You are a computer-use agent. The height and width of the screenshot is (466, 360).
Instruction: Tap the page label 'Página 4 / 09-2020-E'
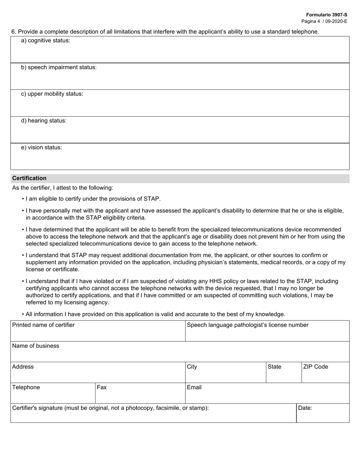point(324,21)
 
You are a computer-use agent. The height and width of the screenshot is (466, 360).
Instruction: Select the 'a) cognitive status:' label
point(45,41)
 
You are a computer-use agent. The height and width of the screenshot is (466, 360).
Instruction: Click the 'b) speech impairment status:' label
point(59,67)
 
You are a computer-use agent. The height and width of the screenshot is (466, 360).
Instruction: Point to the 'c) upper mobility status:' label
point(52,94)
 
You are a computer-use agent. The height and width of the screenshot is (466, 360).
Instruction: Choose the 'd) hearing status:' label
point(44,121)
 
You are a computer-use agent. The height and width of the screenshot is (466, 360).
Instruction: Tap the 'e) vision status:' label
point(41,148)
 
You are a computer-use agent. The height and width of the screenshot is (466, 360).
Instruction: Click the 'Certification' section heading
point(30,178)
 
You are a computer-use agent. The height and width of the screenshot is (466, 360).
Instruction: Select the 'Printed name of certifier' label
point(44,325)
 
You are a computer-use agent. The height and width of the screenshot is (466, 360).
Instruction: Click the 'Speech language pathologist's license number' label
point(248,325)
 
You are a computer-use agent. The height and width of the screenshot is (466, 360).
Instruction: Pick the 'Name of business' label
point(36,346)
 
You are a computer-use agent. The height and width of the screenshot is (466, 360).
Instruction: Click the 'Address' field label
point(23,367)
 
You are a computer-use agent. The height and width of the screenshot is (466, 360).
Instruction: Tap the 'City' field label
point(192,367)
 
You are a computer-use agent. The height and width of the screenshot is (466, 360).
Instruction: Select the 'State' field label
point(274,367)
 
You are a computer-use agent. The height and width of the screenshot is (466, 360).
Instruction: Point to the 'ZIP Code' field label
point(315,367)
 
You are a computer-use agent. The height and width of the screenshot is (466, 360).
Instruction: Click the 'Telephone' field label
point(26,388)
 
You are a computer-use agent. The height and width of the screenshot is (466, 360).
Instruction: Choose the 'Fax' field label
point(102,388)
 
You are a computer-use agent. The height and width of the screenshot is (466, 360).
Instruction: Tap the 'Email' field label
point(194,388)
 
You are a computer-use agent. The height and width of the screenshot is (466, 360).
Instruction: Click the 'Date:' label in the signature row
point(305,408)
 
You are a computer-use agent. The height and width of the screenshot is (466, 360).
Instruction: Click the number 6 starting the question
point(13,32)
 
